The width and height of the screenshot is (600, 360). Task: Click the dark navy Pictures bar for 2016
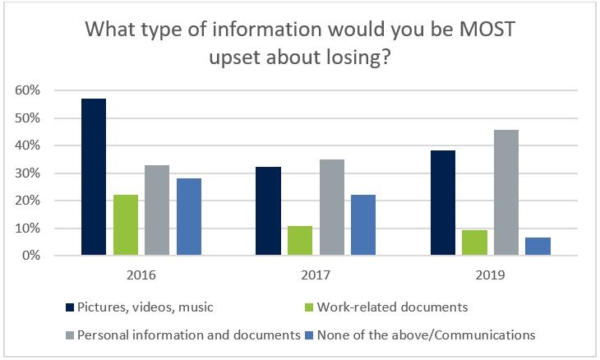click(x=94, y=177)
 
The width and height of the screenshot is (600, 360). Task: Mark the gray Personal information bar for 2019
click(x=506, y=192)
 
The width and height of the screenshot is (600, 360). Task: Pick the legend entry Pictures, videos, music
click(x=145, y=307)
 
